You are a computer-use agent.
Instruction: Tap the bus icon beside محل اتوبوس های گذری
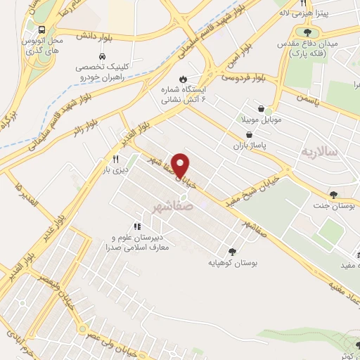point(43,30)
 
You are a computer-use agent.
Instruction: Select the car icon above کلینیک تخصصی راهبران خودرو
point(103,56)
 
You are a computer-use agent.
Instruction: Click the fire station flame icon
point(184,79)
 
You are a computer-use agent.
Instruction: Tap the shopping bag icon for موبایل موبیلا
point(262,110)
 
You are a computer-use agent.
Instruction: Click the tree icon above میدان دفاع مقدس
point(307,31)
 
